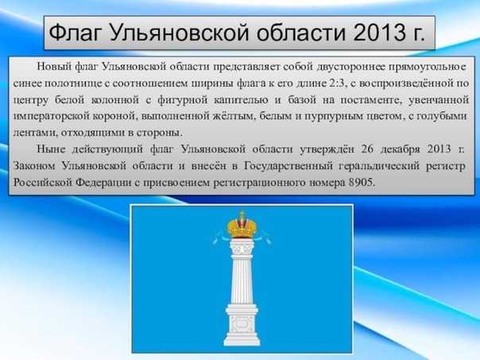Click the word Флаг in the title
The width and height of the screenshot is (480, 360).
(75, 33)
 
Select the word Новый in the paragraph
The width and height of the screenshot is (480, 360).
(54, 67)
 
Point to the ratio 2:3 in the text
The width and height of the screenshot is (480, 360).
(337, 83)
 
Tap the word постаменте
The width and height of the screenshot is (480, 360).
(371, 100)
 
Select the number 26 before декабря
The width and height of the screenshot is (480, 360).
(367, 149)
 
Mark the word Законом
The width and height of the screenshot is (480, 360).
(34, 166)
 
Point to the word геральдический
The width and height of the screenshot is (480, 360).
(378, 166)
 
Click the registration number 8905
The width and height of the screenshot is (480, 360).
(362, 183)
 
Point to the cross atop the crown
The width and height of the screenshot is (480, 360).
(242, 214)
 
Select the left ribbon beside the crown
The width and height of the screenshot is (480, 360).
(221, 238)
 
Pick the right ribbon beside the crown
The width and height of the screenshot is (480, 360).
(263, 238)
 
